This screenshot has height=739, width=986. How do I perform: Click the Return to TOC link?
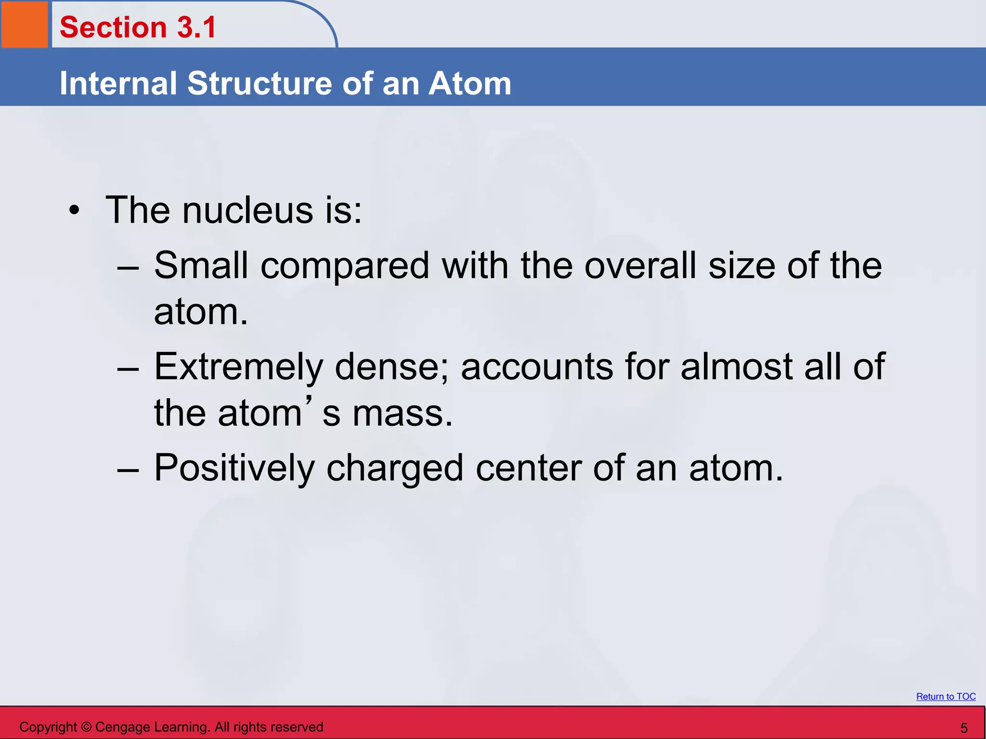946,696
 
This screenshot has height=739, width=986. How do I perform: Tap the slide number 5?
964,728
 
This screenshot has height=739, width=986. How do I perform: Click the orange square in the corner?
25,24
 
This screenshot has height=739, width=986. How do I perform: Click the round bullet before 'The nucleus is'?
74,210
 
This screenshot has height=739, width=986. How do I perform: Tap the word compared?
345,266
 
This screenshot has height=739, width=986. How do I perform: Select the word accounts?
537,367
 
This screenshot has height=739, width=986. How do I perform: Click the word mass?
402,413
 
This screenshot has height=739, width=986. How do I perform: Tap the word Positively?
234,468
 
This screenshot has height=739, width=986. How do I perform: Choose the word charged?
395,468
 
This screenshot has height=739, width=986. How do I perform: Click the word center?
529,468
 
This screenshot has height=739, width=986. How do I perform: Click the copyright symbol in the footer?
86,727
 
